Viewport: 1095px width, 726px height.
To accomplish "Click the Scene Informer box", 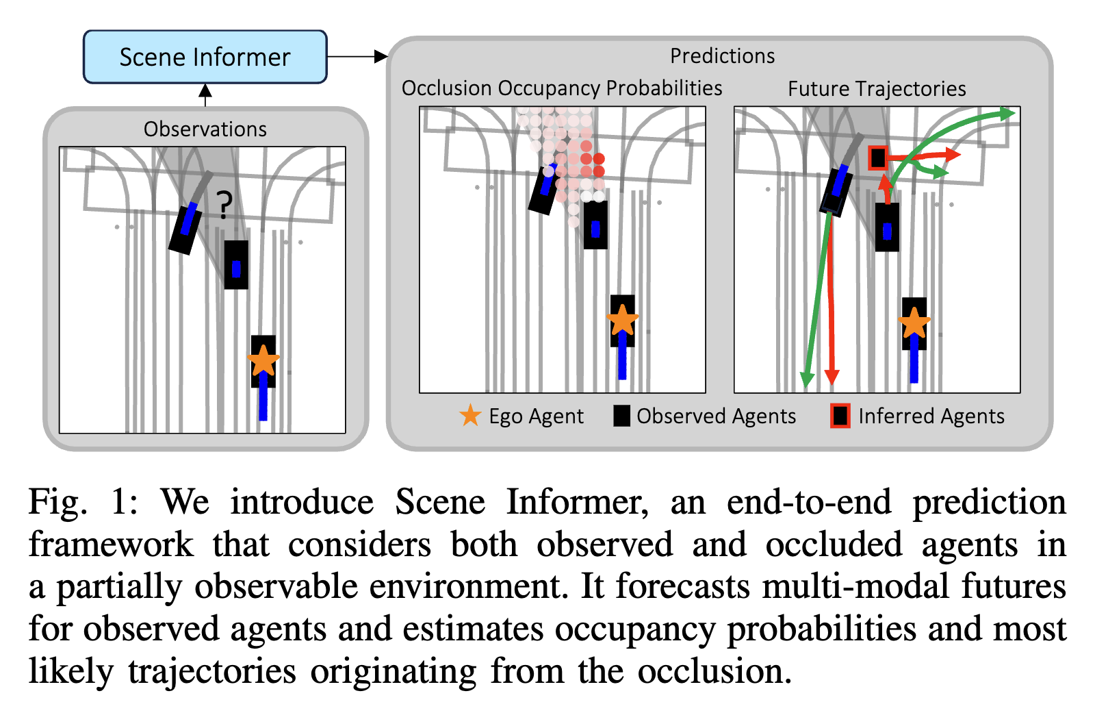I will (205, 57).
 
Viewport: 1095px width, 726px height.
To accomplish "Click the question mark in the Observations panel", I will (224, 204).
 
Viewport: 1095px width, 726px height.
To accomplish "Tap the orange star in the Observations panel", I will (263, 360).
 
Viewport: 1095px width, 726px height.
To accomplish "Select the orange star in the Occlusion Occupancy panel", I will (622, 320).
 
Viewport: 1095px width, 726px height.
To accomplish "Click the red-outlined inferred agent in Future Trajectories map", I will (878, 158).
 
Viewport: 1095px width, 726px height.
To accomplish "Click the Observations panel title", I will (205, 129).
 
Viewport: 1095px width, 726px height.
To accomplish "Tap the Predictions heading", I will (722, 55).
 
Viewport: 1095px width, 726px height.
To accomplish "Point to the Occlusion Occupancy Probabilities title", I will (561, 88).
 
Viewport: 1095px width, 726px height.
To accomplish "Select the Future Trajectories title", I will (877, 89).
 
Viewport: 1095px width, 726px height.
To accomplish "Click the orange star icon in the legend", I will (470, 415).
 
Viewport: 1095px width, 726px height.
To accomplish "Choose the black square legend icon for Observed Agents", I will (621, 416).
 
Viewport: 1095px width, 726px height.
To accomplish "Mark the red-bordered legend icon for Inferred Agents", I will (840, 416).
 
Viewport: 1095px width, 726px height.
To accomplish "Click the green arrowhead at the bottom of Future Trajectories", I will (807, 379).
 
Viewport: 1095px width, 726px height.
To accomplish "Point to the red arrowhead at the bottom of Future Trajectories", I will (832, 377).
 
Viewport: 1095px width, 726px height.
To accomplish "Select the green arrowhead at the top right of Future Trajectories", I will (1006, 114).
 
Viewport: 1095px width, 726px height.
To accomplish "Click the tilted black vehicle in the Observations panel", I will (186, 229).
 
